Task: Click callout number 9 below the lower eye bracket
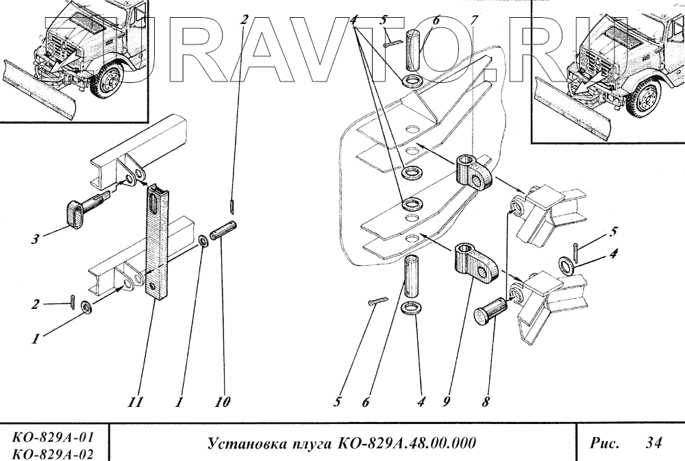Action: click(x=447, y=403)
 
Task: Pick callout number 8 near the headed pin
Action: click(x=485, y=403)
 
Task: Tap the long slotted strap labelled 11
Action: click(x=158, y=240)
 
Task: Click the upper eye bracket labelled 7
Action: click(x=474, y=171)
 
